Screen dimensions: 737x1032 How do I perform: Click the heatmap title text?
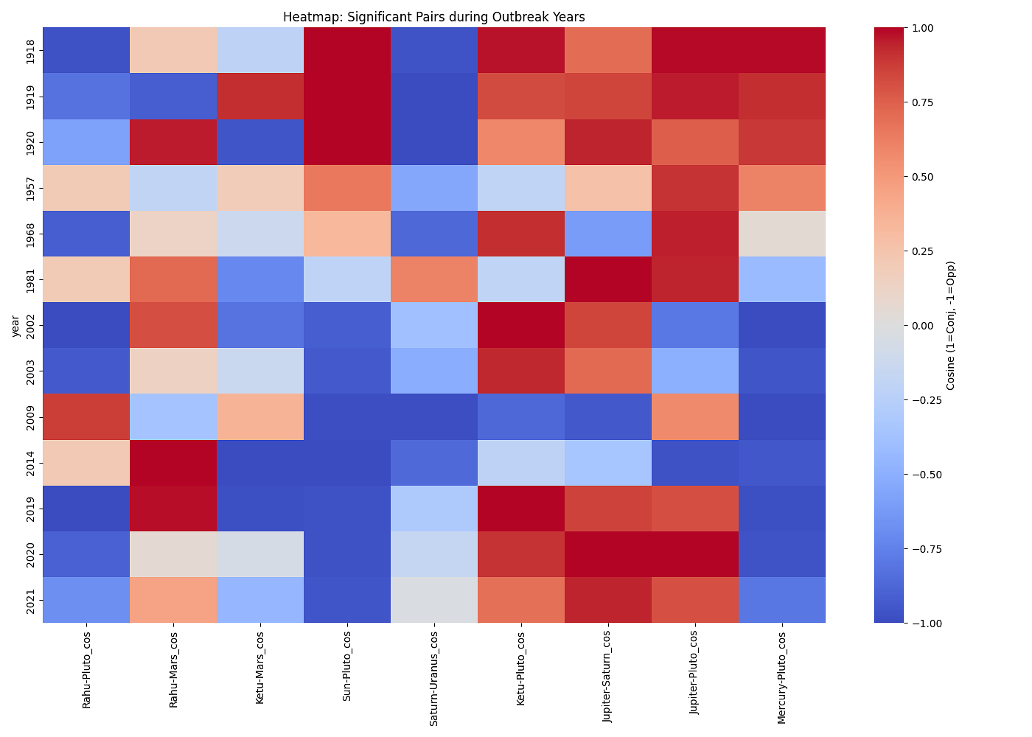433,17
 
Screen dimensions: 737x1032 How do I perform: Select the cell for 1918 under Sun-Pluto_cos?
347,50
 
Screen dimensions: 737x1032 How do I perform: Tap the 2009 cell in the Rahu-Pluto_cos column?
86,416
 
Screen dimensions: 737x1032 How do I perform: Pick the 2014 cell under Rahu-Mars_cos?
173,463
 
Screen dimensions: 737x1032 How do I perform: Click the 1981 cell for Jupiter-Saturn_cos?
608,279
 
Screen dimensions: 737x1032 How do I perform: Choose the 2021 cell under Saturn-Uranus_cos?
434,600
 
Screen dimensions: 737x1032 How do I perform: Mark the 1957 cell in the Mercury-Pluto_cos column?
782,188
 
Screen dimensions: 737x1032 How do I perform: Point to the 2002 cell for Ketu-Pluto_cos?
521,325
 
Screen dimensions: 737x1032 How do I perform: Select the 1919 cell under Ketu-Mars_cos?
260,96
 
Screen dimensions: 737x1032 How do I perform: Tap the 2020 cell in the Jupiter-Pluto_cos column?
695,554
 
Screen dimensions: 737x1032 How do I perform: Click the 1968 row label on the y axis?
29,234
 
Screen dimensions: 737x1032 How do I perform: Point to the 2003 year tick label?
29,371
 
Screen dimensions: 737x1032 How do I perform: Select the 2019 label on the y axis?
29,509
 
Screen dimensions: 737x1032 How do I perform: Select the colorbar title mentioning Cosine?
951,325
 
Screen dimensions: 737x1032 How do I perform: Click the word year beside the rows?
15,325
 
